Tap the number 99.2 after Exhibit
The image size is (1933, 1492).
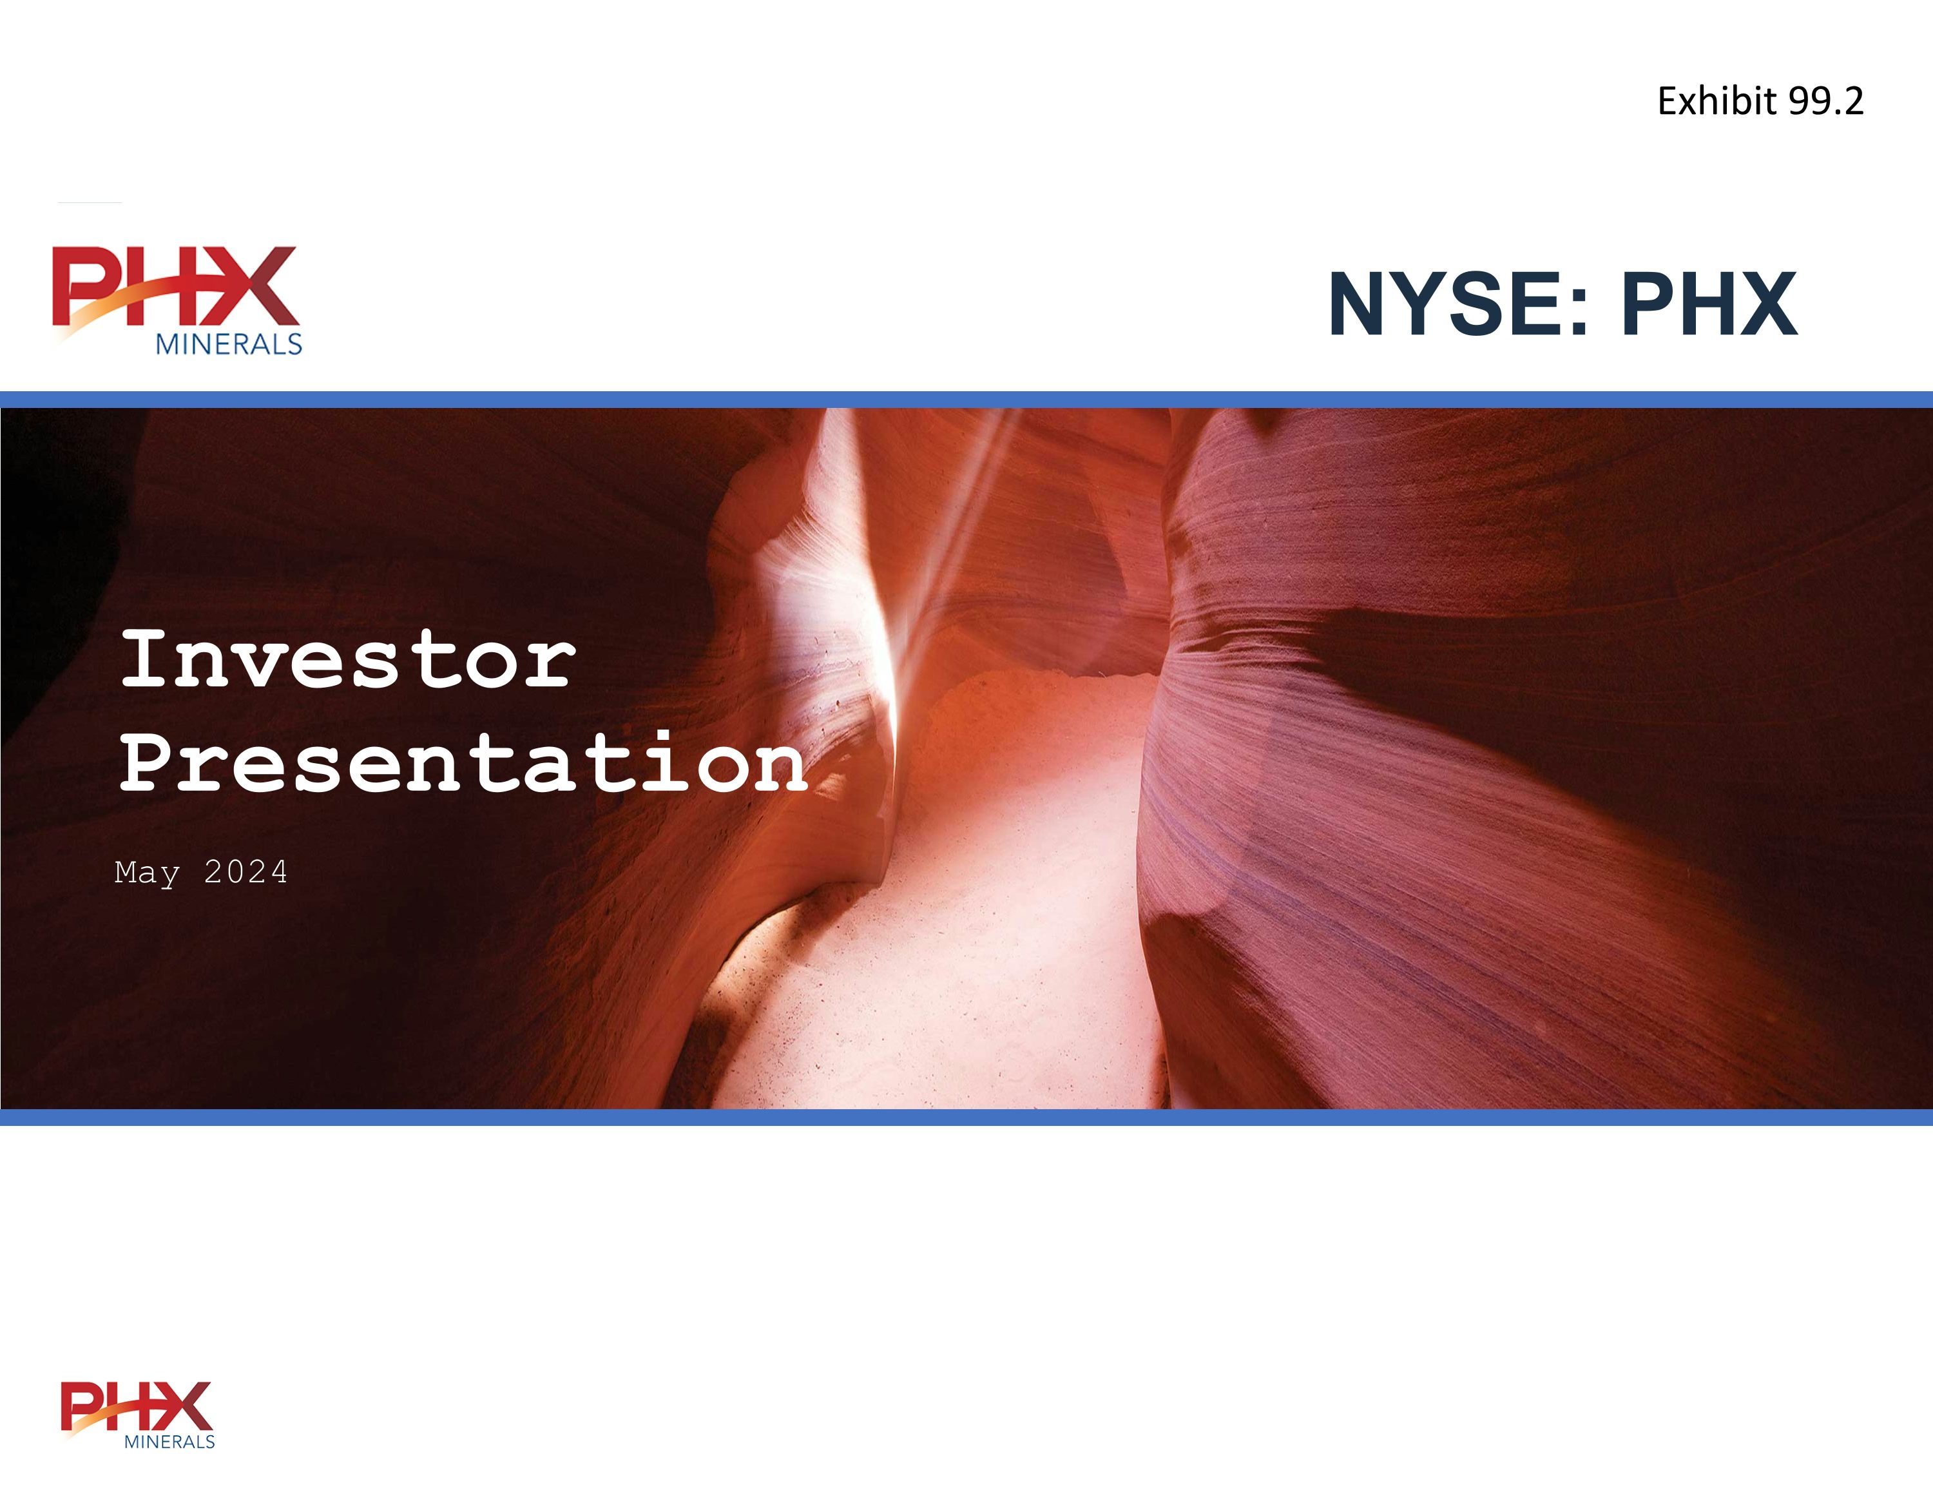[1826, 101]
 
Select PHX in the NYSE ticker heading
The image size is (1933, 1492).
[1709, 305]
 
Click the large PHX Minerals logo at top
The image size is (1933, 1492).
[177, 299]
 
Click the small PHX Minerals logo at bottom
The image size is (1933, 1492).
[137, 1414]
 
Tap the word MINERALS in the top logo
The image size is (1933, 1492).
[228, 344]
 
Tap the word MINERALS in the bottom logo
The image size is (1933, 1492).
[169, 1442]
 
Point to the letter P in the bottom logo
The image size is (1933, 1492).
[80, 1406]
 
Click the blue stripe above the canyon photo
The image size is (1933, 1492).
[966, 400]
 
